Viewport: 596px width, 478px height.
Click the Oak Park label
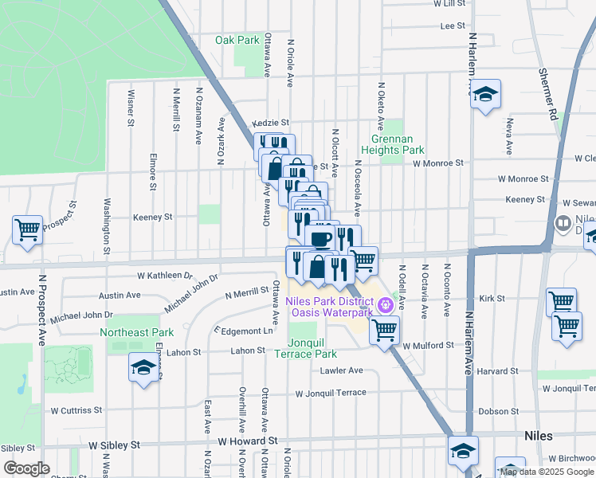(x=237, y=40)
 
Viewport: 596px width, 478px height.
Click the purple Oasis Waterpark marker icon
(x=386, y=304)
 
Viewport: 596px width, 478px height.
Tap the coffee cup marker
(x=320, y=240)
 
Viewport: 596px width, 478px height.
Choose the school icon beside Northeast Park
(x=143, y=367)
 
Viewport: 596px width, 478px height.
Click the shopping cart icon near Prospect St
(x=28, y=230)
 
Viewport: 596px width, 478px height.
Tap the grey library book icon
(x=563, y=224)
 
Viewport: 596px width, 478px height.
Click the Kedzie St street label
(x=269, y=123)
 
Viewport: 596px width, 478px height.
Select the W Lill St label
(x=449, y=4)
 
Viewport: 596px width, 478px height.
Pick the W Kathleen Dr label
(x=165, y=276)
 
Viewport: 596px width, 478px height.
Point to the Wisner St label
(x=130, y=108)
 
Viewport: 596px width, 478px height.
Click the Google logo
(x=27, y=468)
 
